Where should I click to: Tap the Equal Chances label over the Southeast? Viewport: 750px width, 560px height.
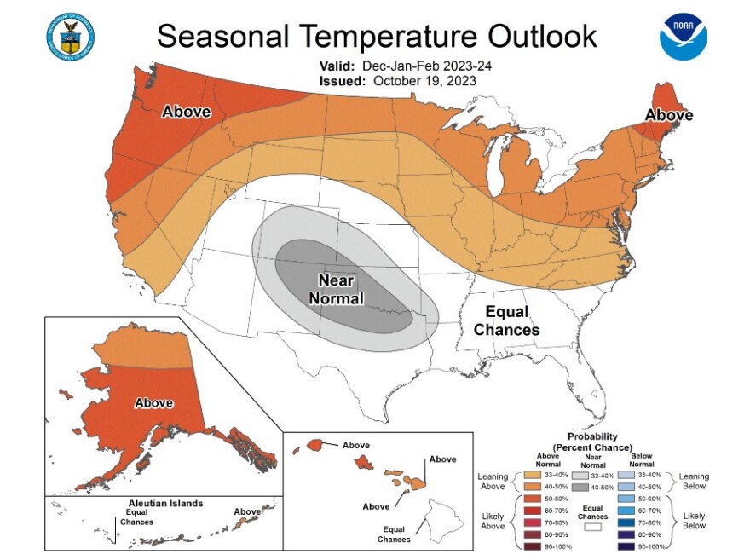click(506, 320)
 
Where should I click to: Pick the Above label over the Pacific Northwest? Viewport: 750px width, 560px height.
click(187, 112)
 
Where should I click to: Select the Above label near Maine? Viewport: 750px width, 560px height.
click(668, 115)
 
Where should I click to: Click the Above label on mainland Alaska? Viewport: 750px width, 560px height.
click(154, 402)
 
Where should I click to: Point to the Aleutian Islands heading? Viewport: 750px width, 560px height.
click(153, 503)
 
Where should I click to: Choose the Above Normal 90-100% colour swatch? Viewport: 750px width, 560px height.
click(534, 545)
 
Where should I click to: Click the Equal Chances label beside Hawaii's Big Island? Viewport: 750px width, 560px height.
click(395, 534)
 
